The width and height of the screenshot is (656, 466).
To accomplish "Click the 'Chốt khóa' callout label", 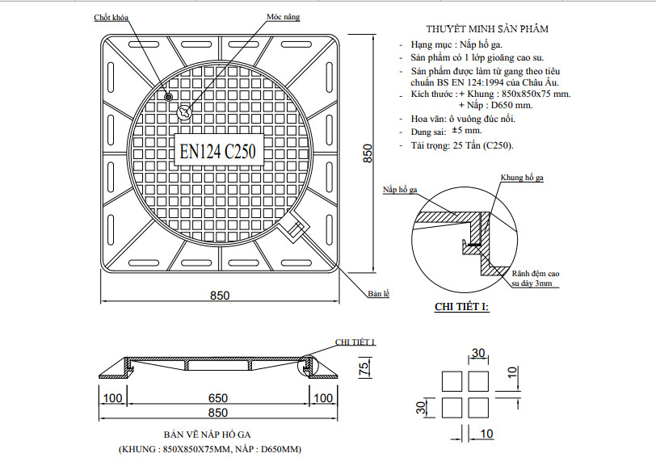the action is pos(111,18).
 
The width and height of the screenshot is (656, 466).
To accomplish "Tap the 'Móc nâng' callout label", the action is pos(284,17).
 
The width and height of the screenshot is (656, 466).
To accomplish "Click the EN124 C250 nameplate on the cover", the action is pos(219,149).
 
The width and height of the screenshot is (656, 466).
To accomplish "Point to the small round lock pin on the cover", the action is pos(169,97).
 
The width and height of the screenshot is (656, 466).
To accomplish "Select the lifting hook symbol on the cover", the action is pos(184,111).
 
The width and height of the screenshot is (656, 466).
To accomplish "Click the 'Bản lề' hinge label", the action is pos(379,294).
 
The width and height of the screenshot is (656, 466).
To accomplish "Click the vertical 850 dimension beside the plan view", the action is pos(368,153).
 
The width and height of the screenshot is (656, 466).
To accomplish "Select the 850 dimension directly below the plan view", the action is pos(220,296).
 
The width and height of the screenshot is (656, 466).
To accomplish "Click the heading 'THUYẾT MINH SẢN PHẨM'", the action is pos(487,28).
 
